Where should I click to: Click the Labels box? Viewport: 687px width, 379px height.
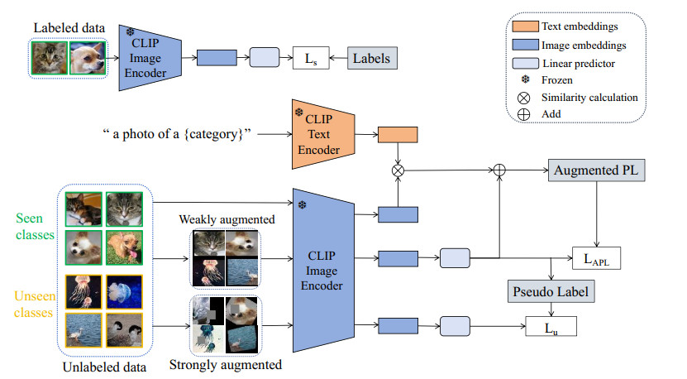[371, 59]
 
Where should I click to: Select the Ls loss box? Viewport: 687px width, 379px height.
[311, 59]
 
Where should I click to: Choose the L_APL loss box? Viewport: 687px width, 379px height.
[596, 258]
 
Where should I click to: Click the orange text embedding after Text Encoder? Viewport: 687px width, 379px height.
[398, 135]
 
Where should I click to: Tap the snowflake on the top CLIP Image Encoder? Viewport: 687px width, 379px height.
[131, 32]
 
